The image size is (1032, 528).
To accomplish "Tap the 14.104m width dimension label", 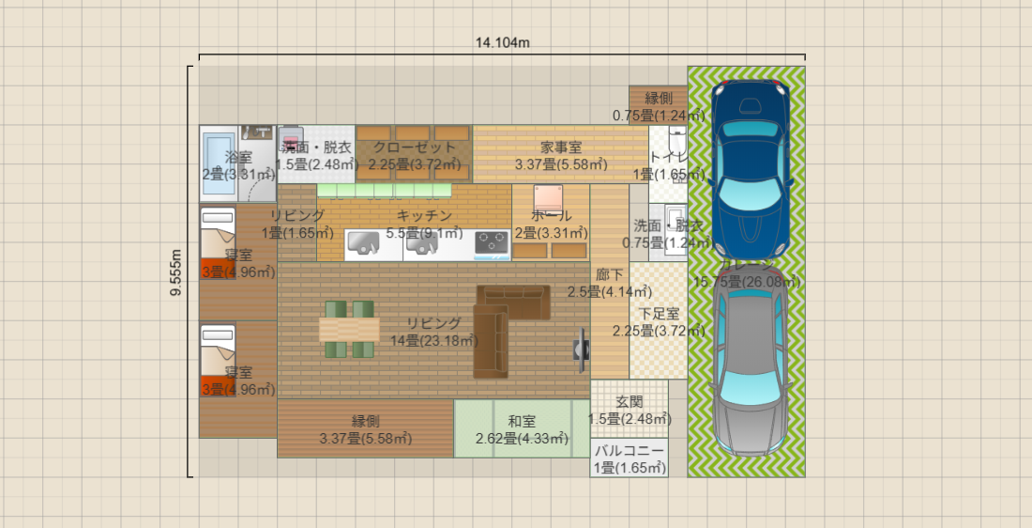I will pos(503,42).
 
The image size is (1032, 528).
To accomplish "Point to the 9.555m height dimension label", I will pos(176,272).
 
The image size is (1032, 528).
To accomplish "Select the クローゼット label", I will pos(414,148).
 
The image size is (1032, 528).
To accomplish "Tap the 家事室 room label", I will pos(561,148).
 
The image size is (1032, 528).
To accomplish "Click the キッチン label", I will pos(424,215).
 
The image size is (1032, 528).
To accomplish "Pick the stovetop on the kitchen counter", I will pos(492,244).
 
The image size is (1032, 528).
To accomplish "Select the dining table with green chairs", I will pos(349,330).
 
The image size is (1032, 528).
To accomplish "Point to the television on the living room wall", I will pos(583,349).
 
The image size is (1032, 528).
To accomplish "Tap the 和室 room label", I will pos(522,422).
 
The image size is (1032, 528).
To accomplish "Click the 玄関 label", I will pos(629,402).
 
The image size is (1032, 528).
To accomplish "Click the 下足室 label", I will pos(659,314).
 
